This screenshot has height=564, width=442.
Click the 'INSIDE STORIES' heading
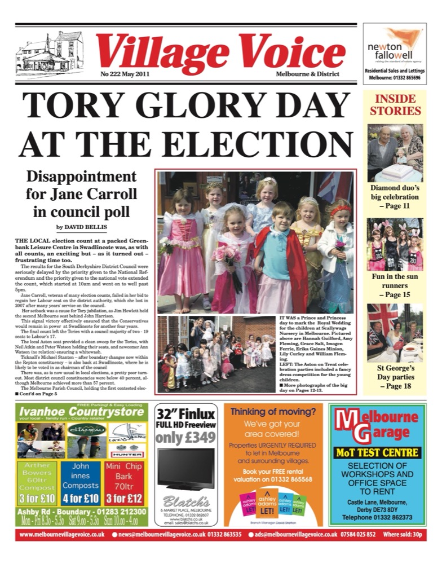click(x=395, y=105)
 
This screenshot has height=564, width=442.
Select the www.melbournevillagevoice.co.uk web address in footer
click(x=60, y=534)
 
